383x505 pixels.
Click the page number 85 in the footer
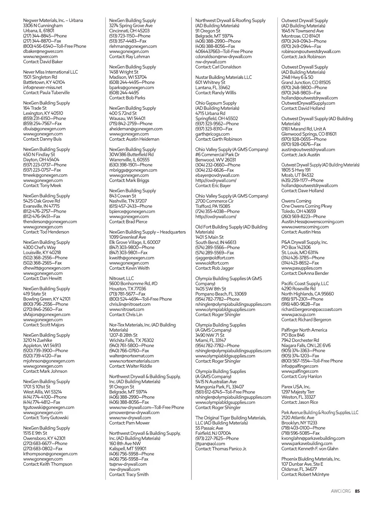(x=357, y=491)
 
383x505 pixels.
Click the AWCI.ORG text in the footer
(x=341, y=491)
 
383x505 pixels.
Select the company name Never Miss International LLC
(x=50, y=72)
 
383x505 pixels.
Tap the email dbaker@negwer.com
(x=43, y=51)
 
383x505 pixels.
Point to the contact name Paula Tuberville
(x=55, y=93)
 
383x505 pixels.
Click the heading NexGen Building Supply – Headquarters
(x=147, y=232)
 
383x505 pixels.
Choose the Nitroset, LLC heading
(x=122, y=278)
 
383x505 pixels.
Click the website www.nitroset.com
(x=127, y=309)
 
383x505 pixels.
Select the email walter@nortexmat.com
(x=131, y=356)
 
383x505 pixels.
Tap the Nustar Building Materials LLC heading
(x=223, y=77)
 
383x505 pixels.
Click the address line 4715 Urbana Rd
(x=210, y=113)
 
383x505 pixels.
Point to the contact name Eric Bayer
(x=221, y=185)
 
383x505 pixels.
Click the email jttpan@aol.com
(x=210, y=444)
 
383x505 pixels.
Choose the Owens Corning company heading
(x=296, y=201)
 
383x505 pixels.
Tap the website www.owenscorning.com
(x=305, y=227)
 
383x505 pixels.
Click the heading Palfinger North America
(x=304, y=330)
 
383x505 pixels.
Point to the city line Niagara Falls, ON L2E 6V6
(x=306, y=345)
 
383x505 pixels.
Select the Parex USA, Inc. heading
(x=296, y=387)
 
